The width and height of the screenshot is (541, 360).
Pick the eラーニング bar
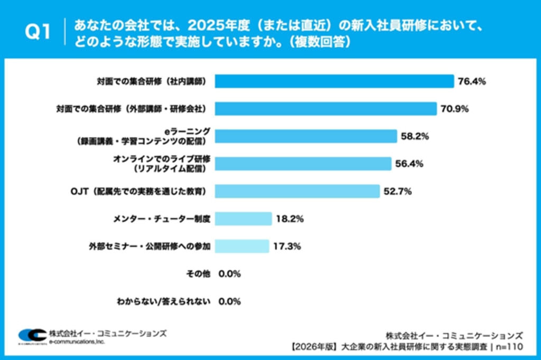pos(305,136)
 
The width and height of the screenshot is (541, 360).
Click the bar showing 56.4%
pos(303,164)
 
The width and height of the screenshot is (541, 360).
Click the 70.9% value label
pos(455,109)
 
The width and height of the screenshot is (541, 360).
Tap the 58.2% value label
pos(415,137)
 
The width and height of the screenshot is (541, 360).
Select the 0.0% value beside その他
pos(230,274)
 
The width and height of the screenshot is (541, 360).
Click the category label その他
pos(199,273)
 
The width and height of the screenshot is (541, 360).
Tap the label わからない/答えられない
pos(163,301)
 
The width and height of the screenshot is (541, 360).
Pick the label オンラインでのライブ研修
pos(162,159)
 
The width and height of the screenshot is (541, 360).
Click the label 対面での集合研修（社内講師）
pos(151,81)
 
